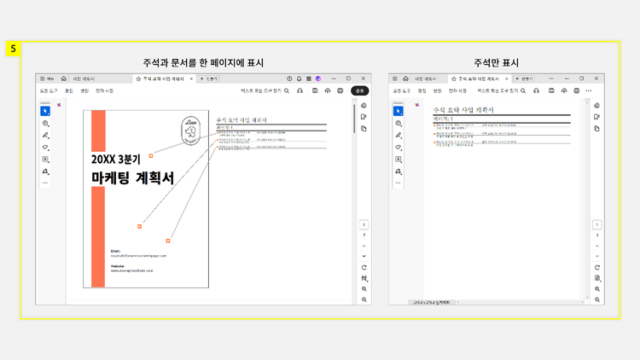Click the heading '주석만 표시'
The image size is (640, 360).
tap(497, 62)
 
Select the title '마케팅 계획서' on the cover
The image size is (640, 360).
tap(132, 177)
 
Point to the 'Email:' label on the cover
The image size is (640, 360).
tap(116, 250)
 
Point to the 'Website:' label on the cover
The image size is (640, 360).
tap(118, 265)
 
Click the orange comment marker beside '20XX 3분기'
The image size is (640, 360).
tap(151, 155)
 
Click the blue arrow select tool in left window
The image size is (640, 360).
tap(45, 111)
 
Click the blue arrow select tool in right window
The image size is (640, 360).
tap(398, 111)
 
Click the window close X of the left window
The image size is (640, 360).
tap(362, 78)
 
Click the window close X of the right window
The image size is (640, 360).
tap(596, 78)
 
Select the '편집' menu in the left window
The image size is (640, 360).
tap(68, 90)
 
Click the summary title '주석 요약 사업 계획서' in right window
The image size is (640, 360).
tap(466, 110)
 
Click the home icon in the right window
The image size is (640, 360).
tap(405, 78)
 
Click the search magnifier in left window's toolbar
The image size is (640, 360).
tap(287, 90)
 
